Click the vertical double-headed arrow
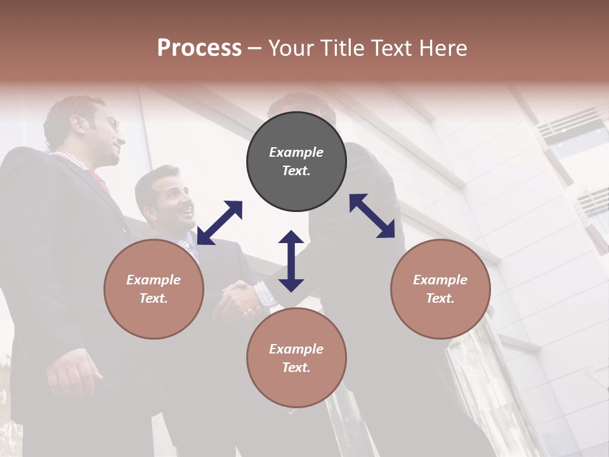pyautogui.click(x=291, y=261)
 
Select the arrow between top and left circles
pyautogui.click(x=219, y=222)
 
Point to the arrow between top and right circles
pyautogui.click(x=372, y=216)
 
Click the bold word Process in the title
pyautogui.click(x=199, y=48)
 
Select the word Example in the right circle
pyautogui.click(x=440, y=280)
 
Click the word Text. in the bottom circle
pyautogui.click(x=296, y=368)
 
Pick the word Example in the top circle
pyautogui.click(x=296, y=152)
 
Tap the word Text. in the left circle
pyautogui.click(x=154, y=298)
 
